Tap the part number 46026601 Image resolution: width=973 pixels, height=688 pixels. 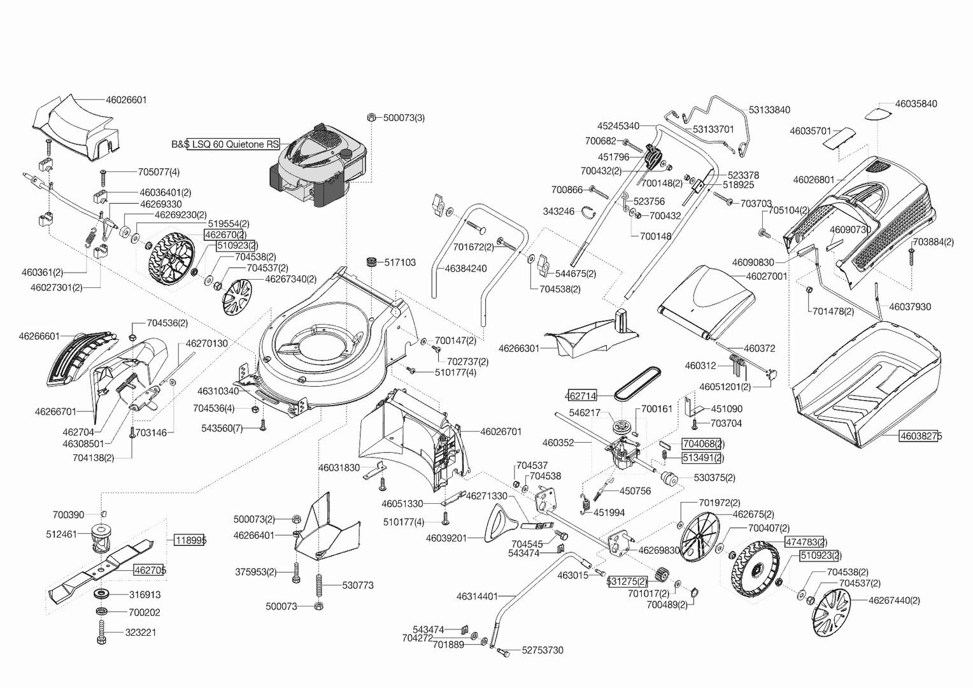click(126, 99)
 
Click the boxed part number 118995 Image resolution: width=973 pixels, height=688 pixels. click(190, 540)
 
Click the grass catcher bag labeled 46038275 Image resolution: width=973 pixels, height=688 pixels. click(866, 376)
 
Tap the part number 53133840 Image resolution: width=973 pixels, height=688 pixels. click(769, 110)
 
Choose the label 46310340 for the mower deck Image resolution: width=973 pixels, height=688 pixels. click(218, 391)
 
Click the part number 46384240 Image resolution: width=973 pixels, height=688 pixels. click(465, 268)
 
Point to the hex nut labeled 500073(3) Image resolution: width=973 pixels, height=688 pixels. click(371, 117)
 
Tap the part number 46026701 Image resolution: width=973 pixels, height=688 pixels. click(501, 431)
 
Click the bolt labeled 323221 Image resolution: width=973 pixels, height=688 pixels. click(101, 632)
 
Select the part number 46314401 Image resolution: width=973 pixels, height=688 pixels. click(477, 596)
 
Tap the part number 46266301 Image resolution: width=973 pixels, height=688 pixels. click(518, 348)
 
